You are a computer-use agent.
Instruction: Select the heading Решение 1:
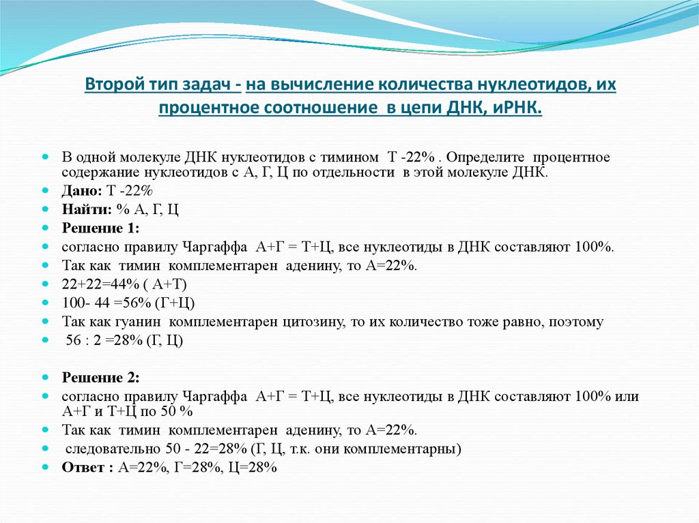(100, 227)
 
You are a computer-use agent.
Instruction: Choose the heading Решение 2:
(100, 377)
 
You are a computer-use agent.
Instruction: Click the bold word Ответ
(83, 467)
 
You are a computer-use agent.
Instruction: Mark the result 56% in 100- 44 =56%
(132, 302)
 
